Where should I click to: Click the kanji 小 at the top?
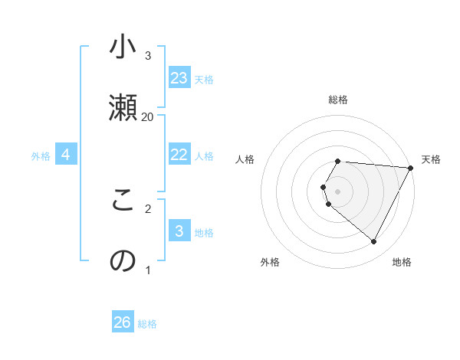coord(123,47)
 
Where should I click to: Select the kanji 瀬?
coord(123,106)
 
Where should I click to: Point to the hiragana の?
coord(123,260)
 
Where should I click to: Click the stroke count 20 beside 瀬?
coord(148,116)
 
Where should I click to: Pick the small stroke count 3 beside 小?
coord(148,55)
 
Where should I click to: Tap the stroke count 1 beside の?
coord(148,270)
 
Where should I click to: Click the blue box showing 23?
coord(179,78)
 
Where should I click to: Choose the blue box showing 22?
coord(179,155)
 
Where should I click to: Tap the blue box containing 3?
coord(179,231)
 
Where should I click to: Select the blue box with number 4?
coord(66,155)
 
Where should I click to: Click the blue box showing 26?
coord(123,322)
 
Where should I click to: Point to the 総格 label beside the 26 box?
coord(147,324)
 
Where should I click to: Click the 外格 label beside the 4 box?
coord(41,156)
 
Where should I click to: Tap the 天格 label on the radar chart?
coord(431,159)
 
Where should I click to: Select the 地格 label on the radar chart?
coord(402,262)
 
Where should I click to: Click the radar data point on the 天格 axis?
coord(411,167)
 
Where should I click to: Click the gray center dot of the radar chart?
coord(338,191)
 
